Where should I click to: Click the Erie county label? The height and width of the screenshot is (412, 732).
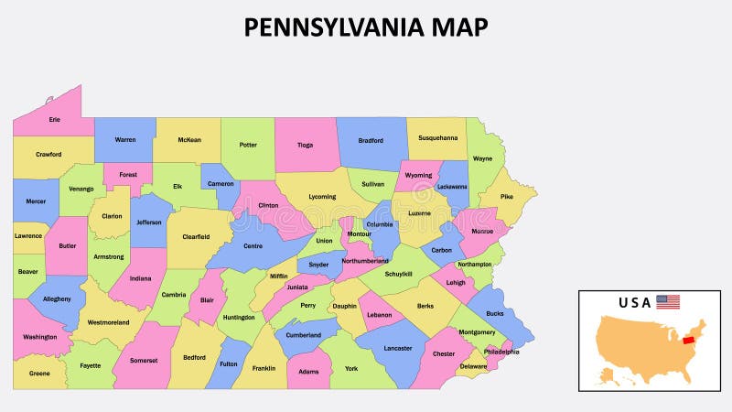click(54, 120)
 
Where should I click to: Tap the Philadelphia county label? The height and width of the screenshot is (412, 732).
click(501, 352)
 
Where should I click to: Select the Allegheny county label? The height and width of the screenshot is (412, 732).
click(56, 298)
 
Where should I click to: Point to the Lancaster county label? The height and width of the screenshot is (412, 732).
click(397, 348)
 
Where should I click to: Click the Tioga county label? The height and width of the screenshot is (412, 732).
click(305, 143)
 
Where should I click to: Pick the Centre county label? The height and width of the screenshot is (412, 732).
click(252, 245)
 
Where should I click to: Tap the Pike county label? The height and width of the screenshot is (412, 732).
click(506, 196)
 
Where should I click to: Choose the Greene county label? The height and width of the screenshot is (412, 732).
click(39, 373)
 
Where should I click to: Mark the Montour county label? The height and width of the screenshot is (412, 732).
click(360, 233)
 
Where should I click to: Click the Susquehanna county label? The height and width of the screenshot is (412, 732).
click(437, 138)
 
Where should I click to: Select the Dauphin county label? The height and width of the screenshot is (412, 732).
click(344, 306)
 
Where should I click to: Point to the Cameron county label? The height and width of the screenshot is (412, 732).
click(221, 183)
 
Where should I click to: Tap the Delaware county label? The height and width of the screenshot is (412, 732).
click(473, 366)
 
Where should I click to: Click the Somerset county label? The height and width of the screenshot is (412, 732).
click(143, 360)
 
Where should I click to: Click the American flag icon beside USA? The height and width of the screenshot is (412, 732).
click(668, 301)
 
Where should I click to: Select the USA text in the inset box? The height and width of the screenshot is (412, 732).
click(635, 302)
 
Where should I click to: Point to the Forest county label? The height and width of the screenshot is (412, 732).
click(128, 174)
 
